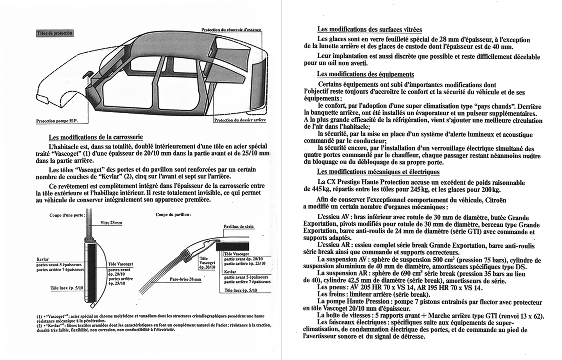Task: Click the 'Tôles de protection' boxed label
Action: [55, 33]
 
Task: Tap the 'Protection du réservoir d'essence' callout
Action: [231, 30]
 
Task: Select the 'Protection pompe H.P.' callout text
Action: [57, 121]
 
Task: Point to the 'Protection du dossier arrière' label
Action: [240, 120]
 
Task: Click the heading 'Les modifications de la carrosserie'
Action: [96, 137]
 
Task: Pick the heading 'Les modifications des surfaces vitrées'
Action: [370, 29]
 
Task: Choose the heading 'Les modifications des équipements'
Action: [365, 74]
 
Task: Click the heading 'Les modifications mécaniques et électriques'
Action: [378, 172]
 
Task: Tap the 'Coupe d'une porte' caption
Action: [67, 215]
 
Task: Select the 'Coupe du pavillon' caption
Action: [173, 215]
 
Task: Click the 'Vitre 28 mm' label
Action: [111, 223]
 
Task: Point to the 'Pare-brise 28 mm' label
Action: [185, 279]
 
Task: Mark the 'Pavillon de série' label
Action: [238, 226]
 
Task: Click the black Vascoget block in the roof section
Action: [232, 247]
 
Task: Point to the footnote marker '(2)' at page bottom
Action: [39, 325]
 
